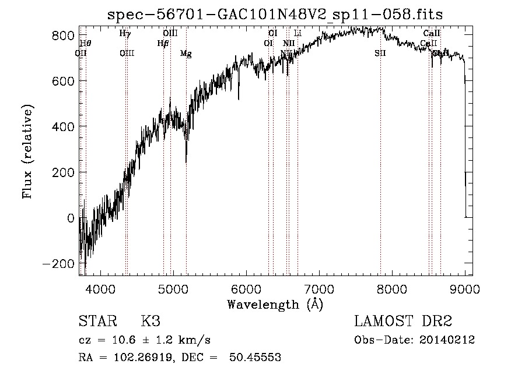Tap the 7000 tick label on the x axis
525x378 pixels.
point(318,288)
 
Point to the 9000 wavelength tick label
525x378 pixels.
point(464,288)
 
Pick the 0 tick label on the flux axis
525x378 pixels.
point(71,218)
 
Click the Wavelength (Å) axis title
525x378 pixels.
point(275,304)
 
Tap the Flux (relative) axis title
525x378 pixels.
point(28,151)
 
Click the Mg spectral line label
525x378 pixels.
point(185,54)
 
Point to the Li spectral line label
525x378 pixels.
point(297,33)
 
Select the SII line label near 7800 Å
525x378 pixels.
point(380,54)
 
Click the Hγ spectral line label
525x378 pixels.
point(125,33)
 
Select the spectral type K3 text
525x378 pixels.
point(150,322)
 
